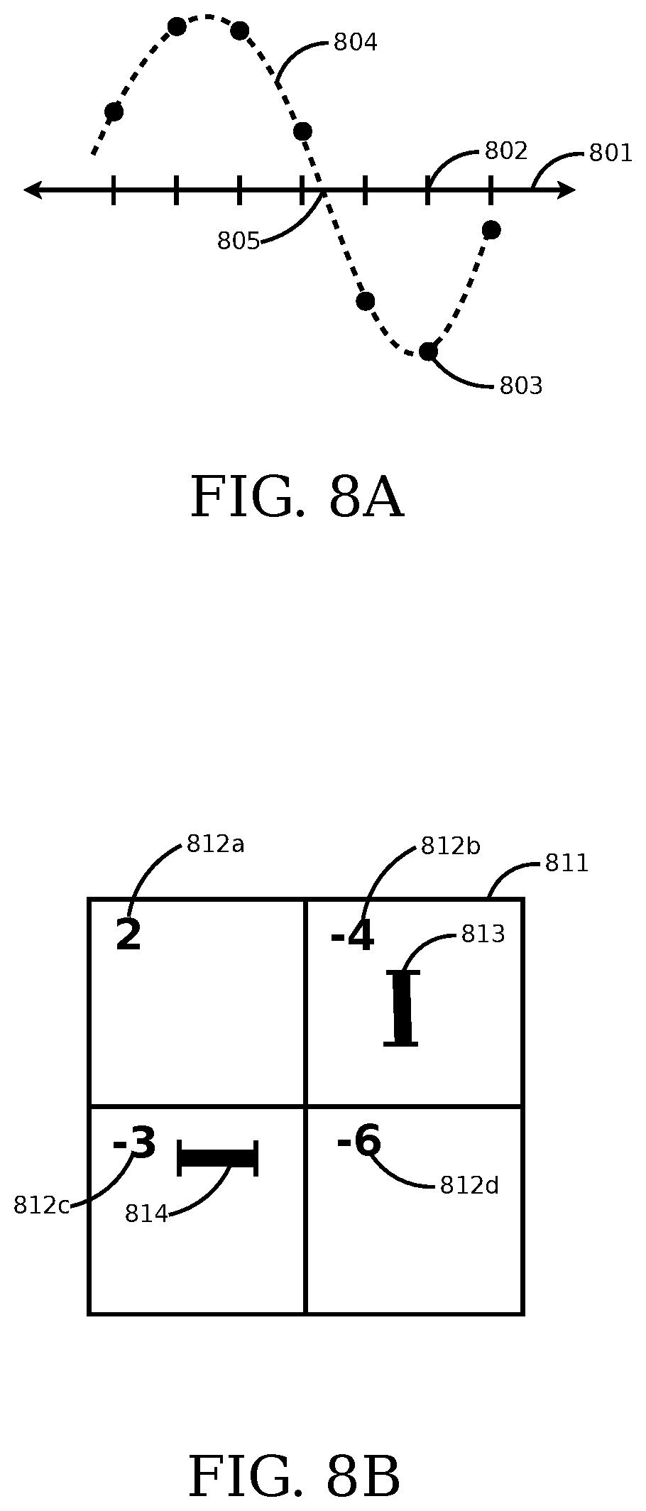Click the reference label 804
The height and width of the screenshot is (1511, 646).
[355, 43]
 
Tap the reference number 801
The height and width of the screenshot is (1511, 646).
[611, 153]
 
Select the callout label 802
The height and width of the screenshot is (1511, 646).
[506, 151]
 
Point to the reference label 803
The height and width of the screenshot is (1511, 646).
[521, 386]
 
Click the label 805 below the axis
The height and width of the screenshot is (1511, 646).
[239, 242]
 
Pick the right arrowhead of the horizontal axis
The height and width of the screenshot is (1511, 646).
[566, 190]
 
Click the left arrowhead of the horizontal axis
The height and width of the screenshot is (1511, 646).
[33, 190]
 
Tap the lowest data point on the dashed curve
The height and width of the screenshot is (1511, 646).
[427, 351]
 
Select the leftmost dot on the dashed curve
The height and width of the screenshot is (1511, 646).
[114, 111]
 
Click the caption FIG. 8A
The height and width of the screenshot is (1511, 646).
[297, 498]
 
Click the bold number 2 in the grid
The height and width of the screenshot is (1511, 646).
[128, 936]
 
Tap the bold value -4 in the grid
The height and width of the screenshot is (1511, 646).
[352, 937]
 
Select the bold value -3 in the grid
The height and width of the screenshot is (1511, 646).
[134, 1143]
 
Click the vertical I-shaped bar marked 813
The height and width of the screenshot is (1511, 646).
[402, 1008]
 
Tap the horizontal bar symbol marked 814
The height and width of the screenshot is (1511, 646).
[217, 1158]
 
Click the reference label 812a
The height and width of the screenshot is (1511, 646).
[215, 844]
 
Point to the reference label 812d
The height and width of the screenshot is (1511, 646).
[469, 1185]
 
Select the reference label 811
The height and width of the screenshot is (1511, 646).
[566, 863]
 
